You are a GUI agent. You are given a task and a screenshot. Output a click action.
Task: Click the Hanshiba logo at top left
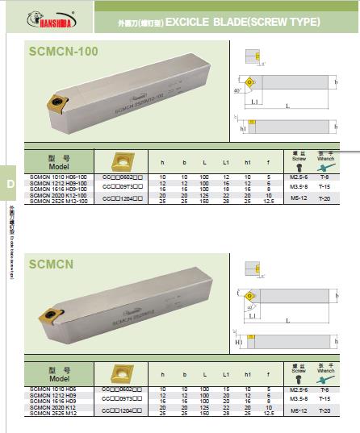40,17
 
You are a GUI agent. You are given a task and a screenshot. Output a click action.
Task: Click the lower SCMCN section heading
52,263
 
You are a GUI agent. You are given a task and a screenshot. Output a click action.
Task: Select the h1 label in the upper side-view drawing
243,127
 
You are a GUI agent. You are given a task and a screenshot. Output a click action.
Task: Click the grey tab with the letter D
10,184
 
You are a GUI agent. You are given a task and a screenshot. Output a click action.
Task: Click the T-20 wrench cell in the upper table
324,197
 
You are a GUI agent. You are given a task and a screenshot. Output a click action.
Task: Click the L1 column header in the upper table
226,164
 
